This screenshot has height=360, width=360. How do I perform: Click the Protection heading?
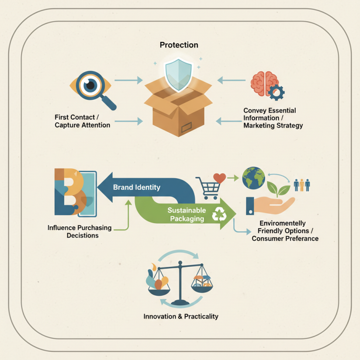click(179, 45)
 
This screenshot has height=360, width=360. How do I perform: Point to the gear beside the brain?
click(275, 92)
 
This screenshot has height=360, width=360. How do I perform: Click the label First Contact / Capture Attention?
click(82, 121)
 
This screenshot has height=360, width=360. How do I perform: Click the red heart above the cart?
click(219, 177)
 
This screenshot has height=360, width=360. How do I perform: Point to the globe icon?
click(252, 177)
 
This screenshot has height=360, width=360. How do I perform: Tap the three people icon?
click(301, 184)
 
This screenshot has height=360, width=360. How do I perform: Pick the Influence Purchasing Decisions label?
click(79, 231)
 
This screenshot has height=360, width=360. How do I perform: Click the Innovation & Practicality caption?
click(180, 316)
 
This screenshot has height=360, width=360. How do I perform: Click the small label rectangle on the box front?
click(186, 130)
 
